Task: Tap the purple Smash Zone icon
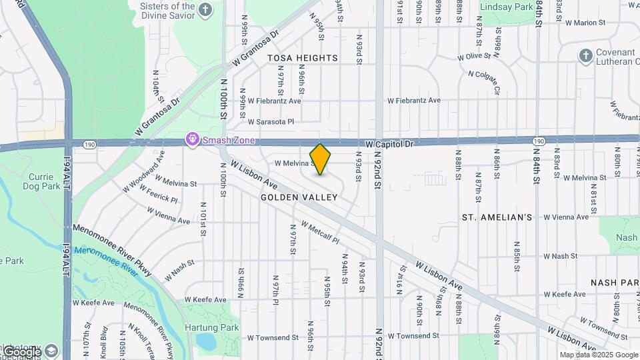pyautogui.click(x=193, y=140)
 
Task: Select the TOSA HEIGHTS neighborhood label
pyautogui.click(x=303, y=58)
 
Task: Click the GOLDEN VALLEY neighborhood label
pyautogui.click(x=299, y=197)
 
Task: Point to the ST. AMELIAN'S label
pyautogui.click(x=497, y=217)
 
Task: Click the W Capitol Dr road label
pyautogui.click(x=391, y=144)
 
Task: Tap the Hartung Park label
pyautogui.click(x=220, y=327)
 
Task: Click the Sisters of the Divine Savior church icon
pyautogui.click(x=205, y=9)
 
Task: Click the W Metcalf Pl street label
pyautogui.click(x=320, y=232)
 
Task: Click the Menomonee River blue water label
pyautogui.click(x=107, y=257)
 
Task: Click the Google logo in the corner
pyautogui.click(x=21, y=351)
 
